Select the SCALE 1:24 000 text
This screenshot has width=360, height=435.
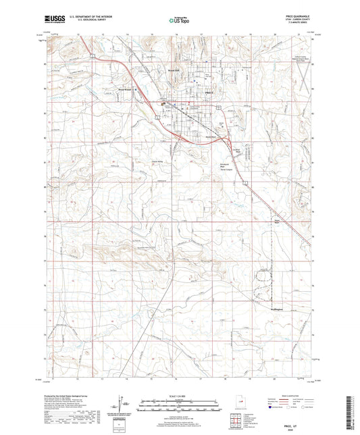click(x=180, y=395)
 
